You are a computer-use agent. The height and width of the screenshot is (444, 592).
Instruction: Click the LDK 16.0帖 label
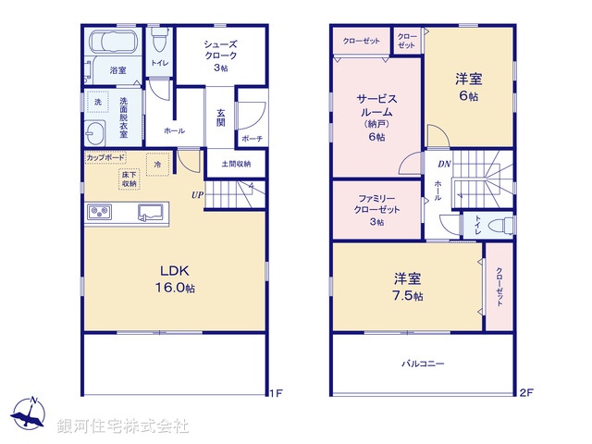(175, 278)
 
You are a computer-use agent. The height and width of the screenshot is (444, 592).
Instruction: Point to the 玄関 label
(221, 115)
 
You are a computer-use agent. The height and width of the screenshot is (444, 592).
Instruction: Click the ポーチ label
(251, 139)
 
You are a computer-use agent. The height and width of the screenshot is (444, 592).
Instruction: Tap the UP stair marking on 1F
(198, 195)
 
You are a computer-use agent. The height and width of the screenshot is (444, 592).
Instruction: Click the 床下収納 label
(129, 179)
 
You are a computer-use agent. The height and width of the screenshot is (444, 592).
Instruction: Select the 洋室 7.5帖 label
(407, 287)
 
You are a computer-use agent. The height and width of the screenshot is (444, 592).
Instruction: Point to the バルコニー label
(423, 364)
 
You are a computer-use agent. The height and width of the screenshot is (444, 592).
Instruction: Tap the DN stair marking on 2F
(444, 164)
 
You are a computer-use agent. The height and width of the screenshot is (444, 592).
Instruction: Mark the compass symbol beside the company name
(31, 415)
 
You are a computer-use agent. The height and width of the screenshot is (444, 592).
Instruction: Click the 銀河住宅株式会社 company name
(123, 426)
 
